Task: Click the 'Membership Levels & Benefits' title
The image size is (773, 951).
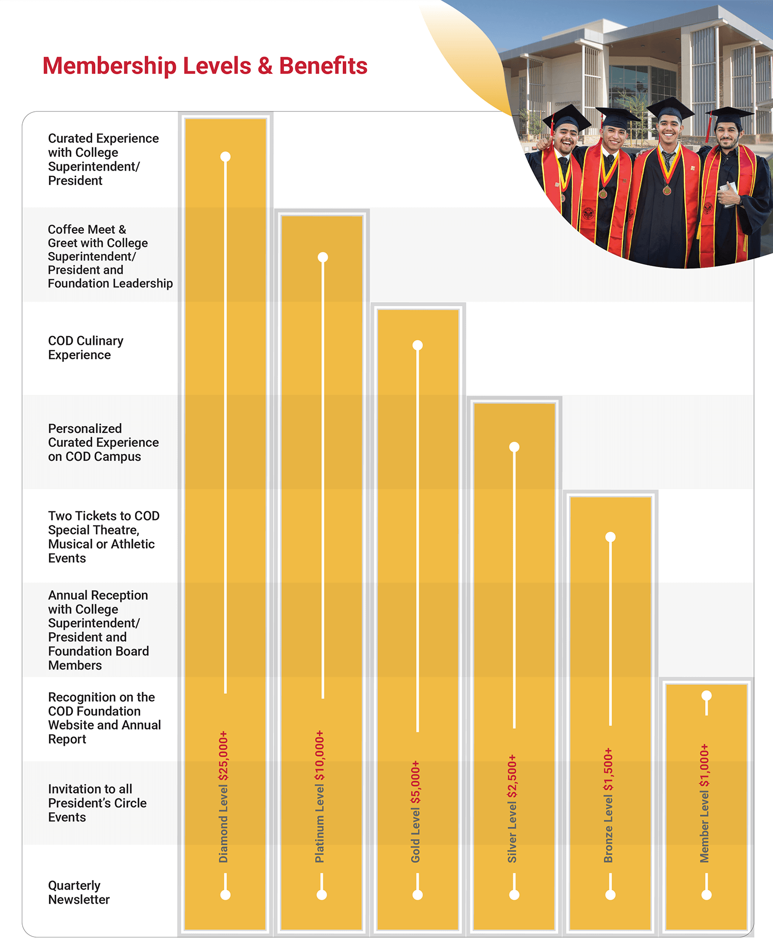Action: click(205, 66)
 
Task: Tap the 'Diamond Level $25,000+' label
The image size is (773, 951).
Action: click(223, 796)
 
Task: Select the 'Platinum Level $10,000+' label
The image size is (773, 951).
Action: click(320, 796)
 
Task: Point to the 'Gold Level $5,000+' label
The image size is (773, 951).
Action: click(415, 811)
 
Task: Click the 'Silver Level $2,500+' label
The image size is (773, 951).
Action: click(512, 808)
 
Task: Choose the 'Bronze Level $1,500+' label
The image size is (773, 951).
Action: click(608, 805)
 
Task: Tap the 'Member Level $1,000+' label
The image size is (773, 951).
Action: click(704, 803)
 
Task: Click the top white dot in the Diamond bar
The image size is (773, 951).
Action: click(225, 157)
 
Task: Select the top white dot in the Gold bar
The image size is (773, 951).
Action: click(418, 345)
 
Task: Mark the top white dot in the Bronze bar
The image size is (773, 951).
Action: click(610, 537)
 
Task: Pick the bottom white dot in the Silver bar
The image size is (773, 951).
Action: click(514, 895)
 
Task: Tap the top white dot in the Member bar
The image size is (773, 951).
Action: click(707, 696)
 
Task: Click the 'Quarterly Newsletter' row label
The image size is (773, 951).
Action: click(79, 892)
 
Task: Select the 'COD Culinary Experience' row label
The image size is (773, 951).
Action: click(86, 348)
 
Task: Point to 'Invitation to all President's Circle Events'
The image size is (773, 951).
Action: click(97, 803)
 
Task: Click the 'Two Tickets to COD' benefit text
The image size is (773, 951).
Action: click(104, 516)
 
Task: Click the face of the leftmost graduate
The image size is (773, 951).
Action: click(566, 138)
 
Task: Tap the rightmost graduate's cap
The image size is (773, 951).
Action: click(729, 115)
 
